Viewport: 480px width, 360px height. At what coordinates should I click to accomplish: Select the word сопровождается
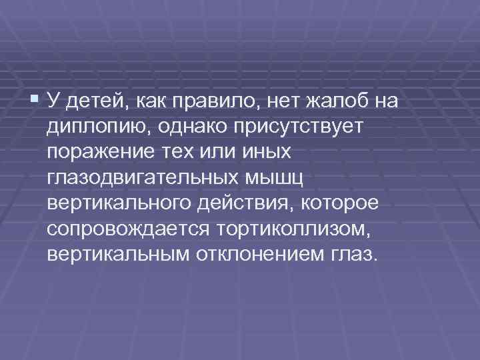(128, 229)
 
